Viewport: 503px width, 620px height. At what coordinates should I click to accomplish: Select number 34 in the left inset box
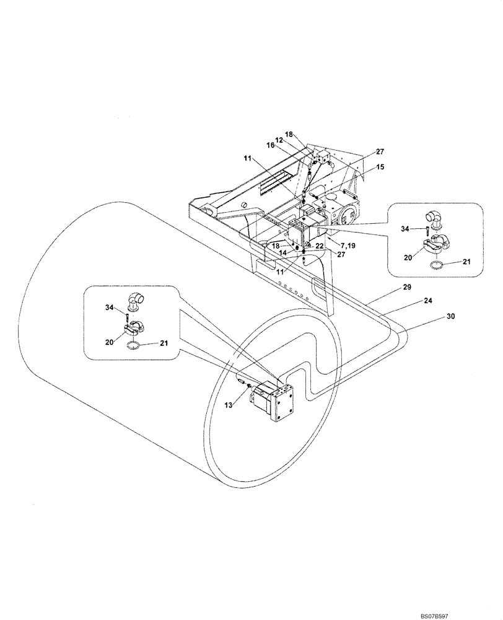click(109, 307)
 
